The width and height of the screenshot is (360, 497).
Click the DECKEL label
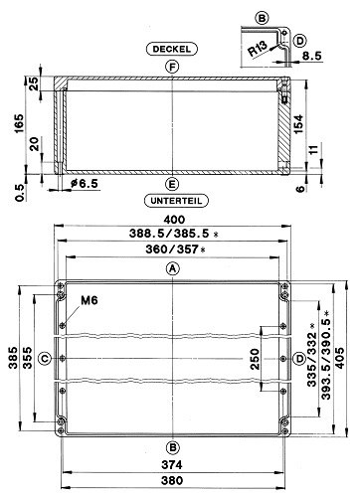(x=172, y=49)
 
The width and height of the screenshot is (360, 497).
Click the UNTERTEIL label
(x=176, y=201)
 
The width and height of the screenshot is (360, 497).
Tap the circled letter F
(x=172, y=67)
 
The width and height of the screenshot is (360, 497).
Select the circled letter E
(x=172, y=184)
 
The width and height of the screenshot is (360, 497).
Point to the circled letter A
(x=172, y=268)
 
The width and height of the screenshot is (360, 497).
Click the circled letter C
(x=45, y=358)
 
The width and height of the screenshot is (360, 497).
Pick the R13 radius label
(x=258, y=49)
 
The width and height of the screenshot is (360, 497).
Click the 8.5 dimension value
(x=311, y=56)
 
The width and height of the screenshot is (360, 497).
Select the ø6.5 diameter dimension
(x=85, y=183)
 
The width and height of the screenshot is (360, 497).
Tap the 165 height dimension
(x=19, y=123)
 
